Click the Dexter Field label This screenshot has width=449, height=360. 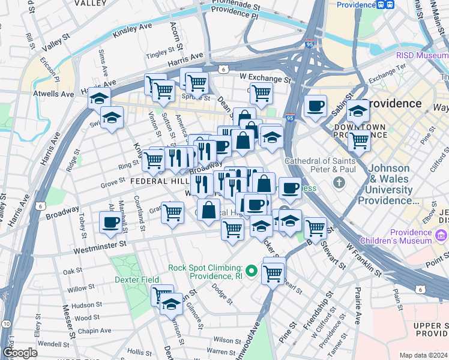(138, 280)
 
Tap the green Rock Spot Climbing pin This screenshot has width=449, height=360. (252, 272)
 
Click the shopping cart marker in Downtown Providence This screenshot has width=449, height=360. (359, 141)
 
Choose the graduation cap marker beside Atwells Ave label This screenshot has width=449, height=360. (99, 98)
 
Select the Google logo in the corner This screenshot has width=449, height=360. (20, 353)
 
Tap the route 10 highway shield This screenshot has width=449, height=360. (6, 324)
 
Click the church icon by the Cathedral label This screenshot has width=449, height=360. (339, 182)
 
